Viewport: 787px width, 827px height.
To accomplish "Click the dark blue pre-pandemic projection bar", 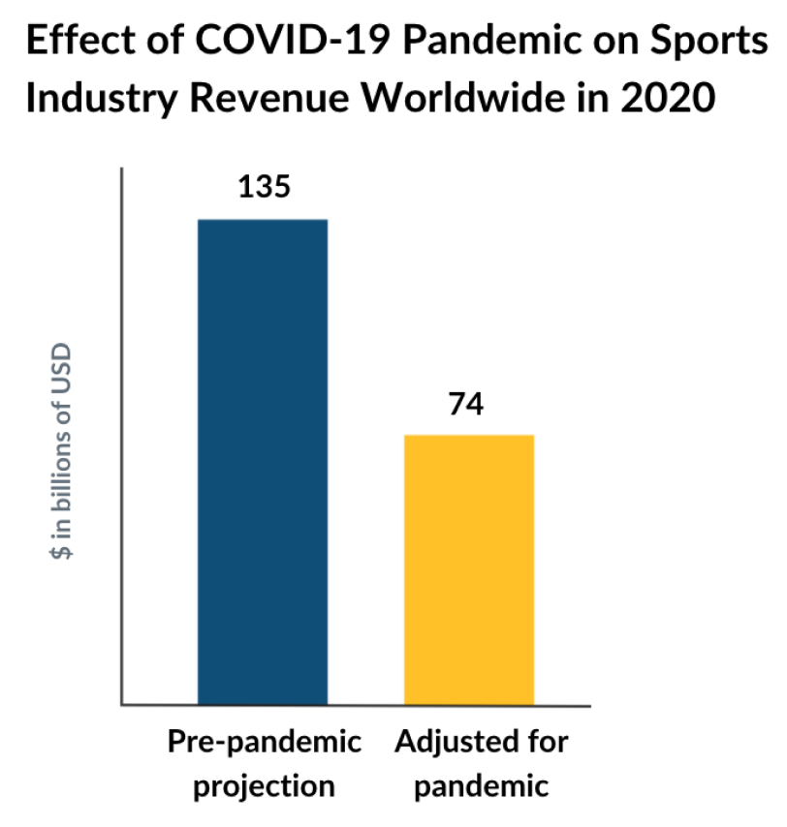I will click(263, 461).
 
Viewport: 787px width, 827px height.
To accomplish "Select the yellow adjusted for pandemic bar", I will click(469, 569).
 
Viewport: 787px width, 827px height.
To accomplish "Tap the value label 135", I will click(264, 186).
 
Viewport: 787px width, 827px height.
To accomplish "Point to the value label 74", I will click(466, 403).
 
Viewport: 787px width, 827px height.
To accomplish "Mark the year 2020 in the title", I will click(679, 100).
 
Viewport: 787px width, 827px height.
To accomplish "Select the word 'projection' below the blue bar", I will click(265, 784).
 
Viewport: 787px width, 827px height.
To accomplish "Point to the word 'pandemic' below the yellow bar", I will click(482, 784).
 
